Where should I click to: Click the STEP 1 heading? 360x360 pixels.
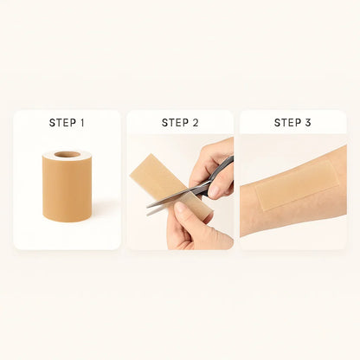pyautogui.click(x=67, y=123)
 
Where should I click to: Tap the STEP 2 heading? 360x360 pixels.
pyautogui.click(x=180, y=123)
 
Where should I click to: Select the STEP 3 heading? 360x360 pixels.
pyautogui.click(x=292, y=123)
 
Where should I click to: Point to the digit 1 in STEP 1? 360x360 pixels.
pyautogui.click(x=82, y=123)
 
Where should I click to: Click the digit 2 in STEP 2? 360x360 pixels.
pyautogui.click(x=196, y=123)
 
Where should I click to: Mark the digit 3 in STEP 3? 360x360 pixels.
pyautogui.click(x=308, y=123)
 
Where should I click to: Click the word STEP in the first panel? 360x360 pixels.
pyautogui.click(x=61, y=123)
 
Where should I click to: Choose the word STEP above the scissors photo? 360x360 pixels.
pyautogui.click(x=175, y=123)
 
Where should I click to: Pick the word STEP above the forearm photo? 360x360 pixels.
pyautogui.click(x=287, y=123)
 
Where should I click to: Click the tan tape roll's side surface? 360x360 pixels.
pyautogui.click(x=67, y=190)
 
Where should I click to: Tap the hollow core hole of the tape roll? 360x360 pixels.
pyautogui.click(x=67, y=155)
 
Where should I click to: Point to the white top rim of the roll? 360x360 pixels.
pyautogui.click(x=82, y=157)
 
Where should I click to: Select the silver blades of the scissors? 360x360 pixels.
pyautogui.click(x=169, y=201)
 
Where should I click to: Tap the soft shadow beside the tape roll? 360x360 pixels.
pyautogui.click(x=102, y=208)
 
